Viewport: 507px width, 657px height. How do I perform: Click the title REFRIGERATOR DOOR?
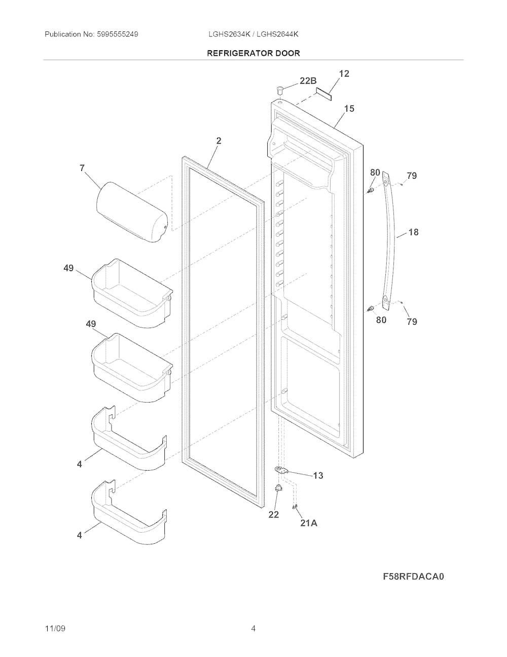click(253, 53)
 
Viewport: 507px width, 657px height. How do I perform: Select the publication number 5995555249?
click(118, 34)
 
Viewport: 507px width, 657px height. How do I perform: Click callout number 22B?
click(308, 81)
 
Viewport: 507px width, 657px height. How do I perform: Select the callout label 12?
click(344, 74)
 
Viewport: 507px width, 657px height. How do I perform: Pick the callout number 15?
click(349, 108)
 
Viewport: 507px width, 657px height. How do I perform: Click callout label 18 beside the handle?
click(413, 232)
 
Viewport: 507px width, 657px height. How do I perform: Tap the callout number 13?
click(318, 476)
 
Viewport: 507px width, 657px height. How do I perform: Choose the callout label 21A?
click(309, 523)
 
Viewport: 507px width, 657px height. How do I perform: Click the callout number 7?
click(82, 168)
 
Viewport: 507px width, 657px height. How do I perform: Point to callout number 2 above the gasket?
click(219, 141)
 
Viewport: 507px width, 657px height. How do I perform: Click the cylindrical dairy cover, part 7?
click(132, 212)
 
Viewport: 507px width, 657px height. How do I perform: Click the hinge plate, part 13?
click(281, 470)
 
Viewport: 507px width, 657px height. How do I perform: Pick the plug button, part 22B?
click(280, 89)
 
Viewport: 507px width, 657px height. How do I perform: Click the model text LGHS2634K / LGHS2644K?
click(253, 34)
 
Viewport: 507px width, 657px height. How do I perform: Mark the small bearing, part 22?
click(277, 487)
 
